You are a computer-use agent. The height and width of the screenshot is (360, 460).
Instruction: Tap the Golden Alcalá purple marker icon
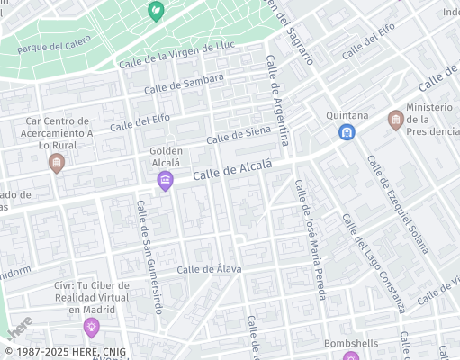tap(165, 182)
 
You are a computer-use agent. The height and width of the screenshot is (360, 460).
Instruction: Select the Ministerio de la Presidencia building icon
tap(395, 120)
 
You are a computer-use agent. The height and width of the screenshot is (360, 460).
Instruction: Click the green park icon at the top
tap(155, 11)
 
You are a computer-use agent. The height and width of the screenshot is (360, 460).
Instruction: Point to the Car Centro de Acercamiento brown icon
tap(57, 163)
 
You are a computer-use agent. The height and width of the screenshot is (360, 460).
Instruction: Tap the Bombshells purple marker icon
tap(350, 357)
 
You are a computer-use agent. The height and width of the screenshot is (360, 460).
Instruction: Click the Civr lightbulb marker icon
tap(91, 326)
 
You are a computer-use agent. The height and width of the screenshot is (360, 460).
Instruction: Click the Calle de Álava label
tap(209, 268)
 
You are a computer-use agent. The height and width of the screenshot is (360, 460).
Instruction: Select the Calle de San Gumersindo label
tap(149, 256)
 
